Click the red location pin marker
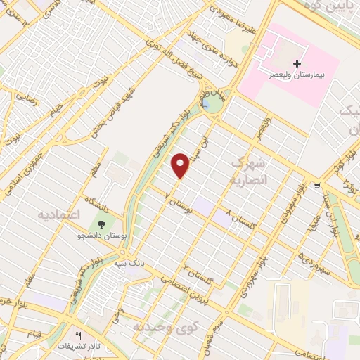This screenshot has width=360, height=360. tap(181, 165)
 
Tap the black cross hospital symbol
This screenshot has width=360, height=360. tap(297, 64)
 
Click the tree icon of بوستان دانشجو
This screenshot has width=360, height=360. tap(103, 224)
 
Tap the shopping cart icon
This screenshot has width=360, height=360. tap(318, 186)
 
